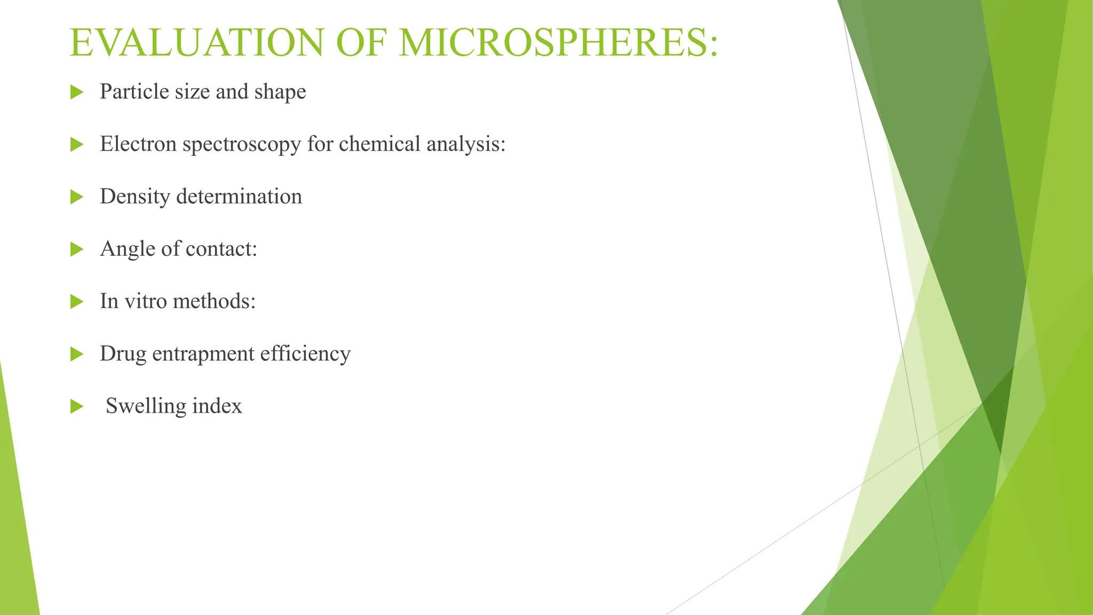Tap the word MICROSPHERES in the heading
(558, 43)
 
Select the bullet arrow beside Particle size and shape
(77, 92)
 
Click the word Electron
(138, 144)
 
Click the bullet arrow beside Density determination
(77, 197)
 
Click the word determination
(239, 196)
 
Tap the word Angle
(126, 249)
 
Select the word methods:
(215, 301)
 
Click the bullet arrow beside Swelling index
(77, 407)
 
